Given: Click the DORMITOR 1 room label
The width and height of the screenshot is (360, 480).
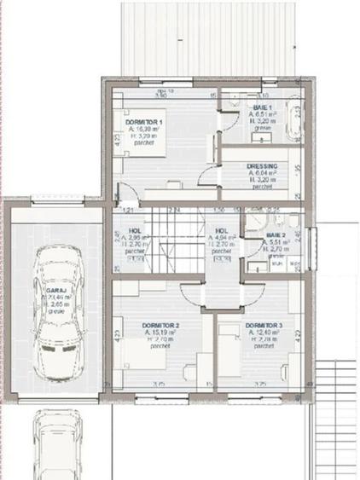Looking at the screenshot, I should [143, 123].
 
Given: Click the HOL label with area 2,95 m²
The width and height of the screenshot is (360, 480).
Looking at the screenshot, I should [135, 230].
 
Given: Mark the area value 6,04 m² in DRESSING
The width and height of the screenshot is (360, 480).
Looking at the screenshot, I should [263, 174].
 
